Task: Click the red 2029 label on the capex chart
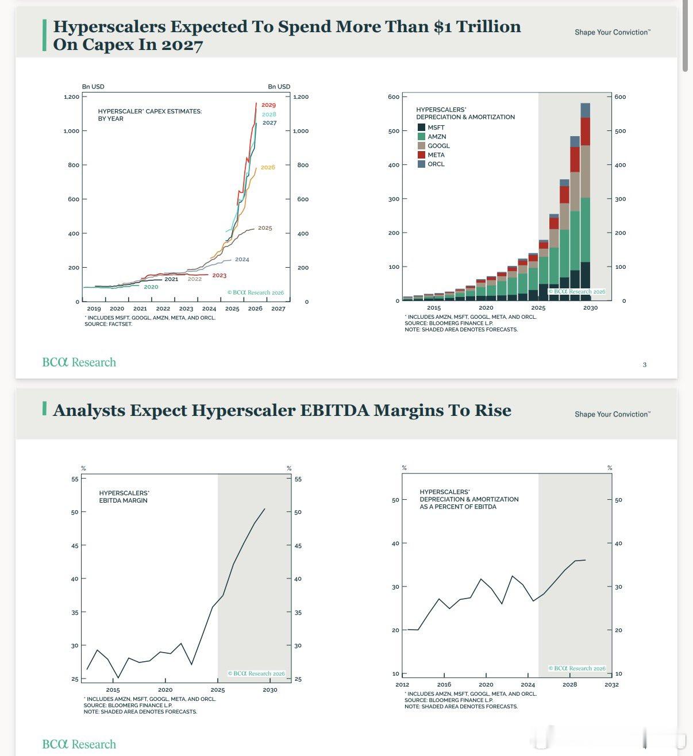pos(268,105)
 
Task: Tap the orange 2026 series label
pos(268,167)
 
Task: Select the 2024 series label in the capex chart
pos(242,259)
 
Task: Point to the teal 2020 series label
pos(151,287)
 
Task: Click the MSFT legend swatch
pos(421,128)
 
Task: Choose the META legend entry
pos(431,155)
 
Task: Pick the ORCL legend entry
pos(431,164)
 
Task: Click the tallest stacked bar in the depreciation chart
pos(585,202)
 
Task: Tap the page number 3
pos(644,364)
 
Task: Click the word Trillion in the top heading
pos(488,26)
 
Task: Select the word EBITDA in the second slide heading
pos(334,410)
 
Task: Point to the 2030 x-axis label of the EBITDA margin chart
pos(270,690)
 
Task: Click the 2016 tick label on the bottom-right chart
pos(444,684)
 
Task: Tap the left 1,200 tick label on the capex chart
pos(72,97)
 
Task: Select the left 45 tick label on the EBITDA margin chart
pos(75,546)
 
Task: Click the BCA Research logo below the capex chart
pos(79,362)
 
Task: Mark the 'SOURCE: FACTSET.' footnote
pos(108,324)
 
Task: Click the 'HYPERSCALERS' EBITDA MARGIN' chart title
pos(124,497)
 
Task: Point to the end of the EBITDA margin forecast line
pos(265,509)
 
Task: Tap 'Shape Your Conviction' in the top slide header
pos(613,32)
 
